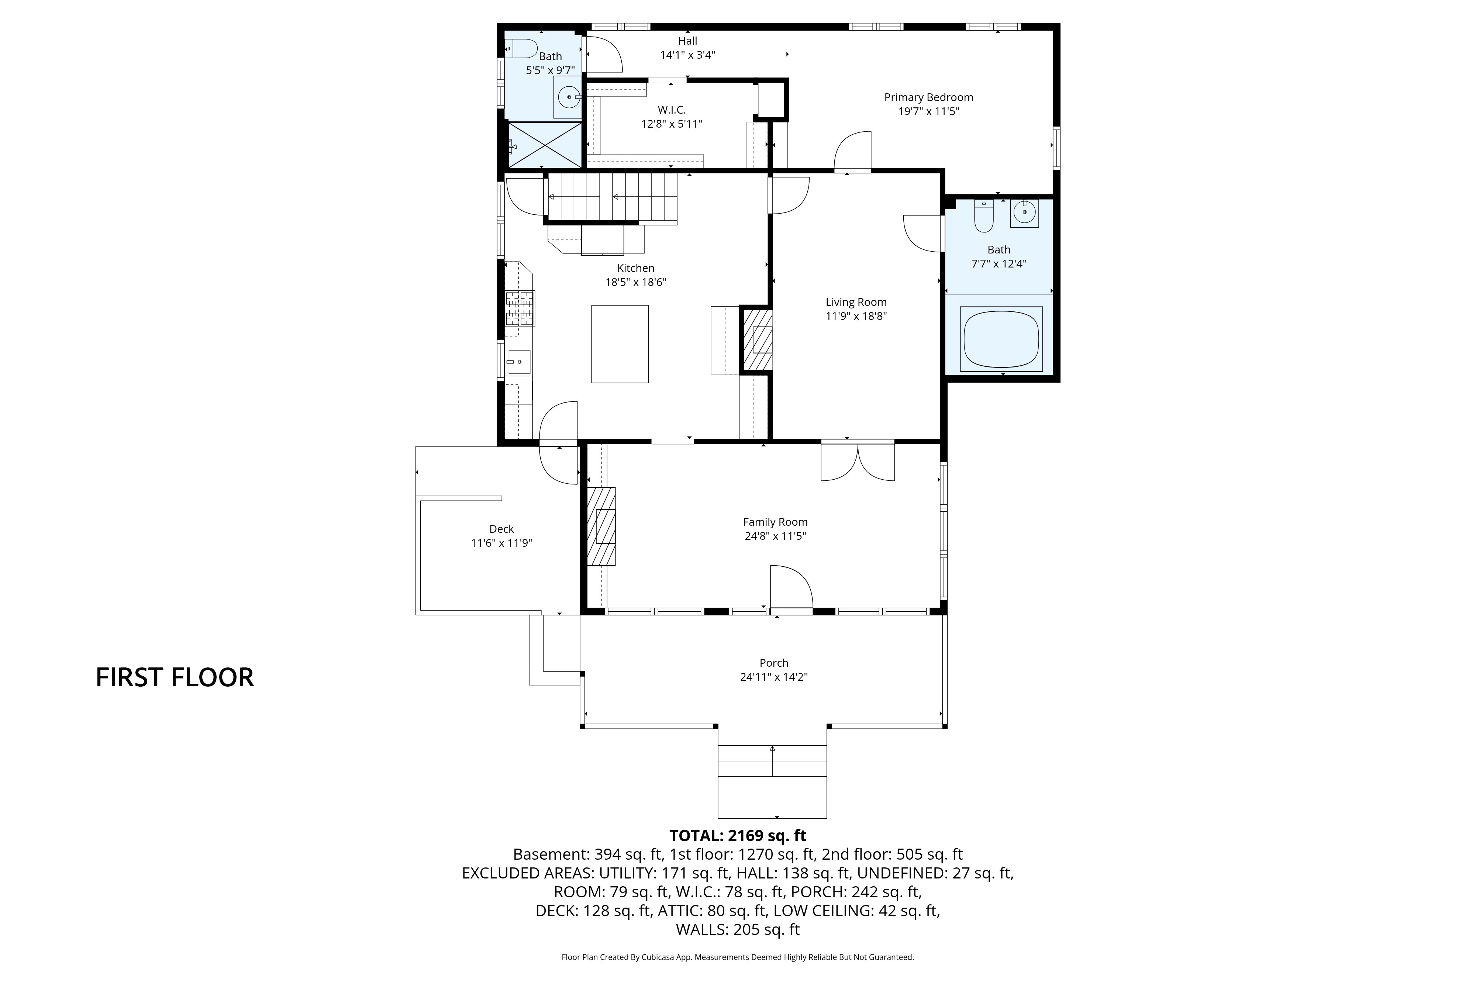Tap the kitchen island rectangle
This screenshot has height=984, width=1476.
[620, 344]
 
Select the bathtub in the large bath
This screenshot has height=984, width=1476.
[1001, 339]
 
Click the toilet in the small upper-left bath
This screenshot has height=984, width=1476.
[521, 48]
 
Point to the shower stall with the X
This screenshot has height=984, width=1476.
[544, 145]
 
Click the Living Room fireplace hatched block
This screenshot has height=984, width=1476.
[758, 339]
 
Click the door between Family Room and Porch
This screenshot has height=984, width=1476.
[791, 588]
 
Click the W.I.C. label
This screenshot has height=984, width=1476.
[672, 110]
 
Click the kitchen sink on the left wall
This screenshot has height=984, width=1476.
[519, 362]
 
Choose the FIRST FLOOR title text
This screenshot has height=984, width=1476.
[175, 677]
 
